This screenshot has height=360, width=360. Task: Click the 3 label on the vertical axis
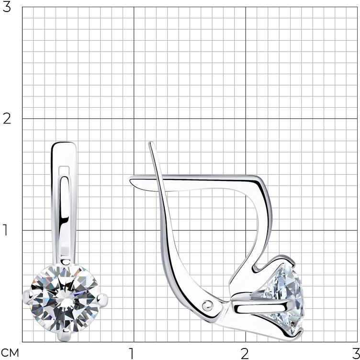[x=7, y=7]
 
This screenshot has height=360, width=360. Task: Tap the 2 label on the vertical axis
[x=7, y=119]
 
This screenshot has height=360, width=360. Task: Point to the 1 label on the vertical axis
[x=5, y=230]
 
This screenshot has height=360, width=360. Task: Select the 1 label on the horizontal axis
[x=131, y=354]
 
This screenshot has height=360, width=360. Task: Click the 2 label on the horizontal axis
[x=245, y=354]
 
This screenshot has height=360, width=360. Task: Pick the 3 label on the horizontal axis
[x=356, y=354]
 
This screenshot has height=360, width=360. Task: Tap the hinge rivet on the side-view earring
[x=207, y=305]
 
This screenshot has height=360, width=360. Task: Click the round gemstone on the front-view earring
[x=65, y=298]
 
